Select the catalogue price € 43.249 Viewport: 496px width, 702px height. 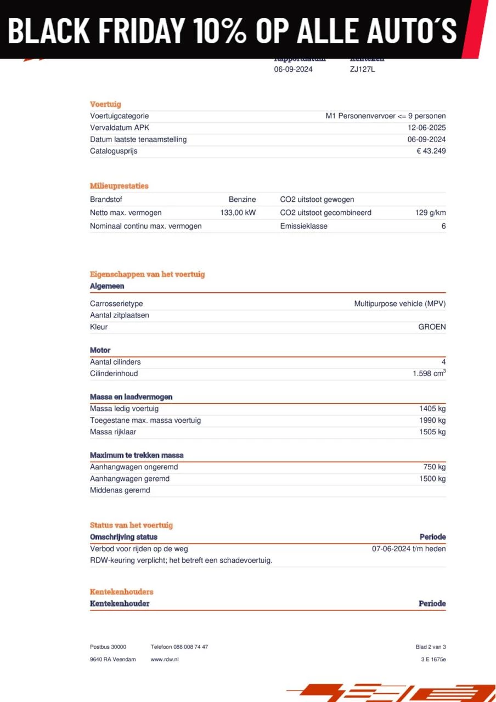click(x=431, y=151)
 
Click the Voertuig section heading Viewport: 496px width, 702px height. click(x=105, y=104)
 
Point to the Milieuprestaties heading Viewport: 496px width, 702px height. click(x=119, y=186)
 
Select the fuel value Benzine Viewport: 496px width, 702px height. click(x=242, y=200)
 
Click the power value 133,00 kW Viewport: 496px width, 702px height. click(x=238, y=213)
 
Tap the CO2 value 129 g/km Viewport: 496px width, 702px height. click(x=430, y=213)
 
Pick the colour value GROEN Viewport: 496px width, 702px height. click(x=432, y=327)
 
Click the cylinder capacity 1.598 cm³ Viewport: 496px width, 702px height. click(x=429, y=373)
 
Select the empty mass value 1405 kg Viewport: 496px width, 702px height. click(x=432, y=409)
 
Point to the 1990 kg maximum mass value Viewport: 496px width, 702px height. click(x=432, y=420)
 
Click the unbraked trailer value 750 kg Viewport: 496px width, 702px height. click(x=435, y=467)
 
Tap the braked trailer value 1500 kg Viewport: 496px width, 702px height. click(x=432, y=479)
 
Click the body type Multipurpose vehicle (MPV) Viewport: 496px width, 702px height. click(x=400, y=304)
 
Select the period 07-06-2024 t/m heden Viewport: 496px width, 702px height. click(x=409, y=548)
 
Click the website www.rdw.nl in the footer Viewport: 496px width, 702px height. click(x=165, y=659)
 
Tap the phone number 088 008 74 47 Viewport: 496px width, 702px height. click(x=190, y=647)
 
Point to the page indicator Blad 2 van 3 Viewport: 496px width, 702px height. click(x=431, y=647)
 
